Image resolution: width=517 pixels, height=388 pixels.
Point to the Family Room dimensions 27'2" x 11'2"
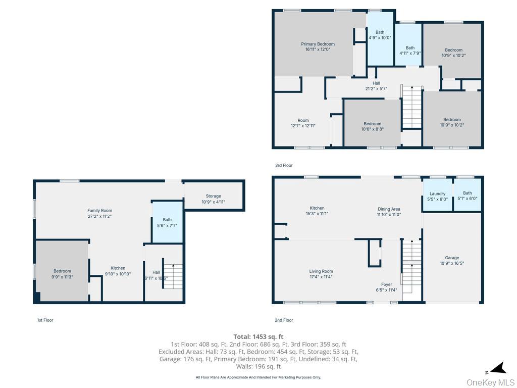point(99,217)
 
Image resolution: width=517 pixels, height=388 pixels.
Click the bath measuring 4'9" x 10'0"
point(380,35)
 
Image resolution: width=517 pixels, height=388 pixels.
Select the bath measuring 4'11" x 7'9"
point(410,51)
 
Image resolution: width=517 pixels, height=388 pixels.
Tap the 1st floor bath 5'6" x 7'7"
point(167,222)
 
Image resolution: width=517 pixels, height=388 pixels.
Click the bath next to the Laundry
point(467,196)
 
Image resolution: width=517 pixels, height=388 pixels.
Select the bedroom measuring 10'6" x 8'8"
point(373,126)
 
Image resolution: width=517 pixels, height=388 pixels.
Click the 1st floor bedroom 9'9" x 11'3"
point(62,274)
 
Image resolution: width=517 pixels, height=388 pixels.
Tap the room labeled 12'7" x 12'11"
point(303,123)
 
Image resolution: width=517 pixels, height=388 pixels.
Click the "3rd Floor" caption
point(284,165)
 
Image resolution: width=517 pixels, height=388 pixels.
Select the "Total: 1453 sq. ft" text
point(258,336)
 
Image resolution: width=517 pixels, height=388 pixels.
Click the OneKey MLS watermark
point(490,382)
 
